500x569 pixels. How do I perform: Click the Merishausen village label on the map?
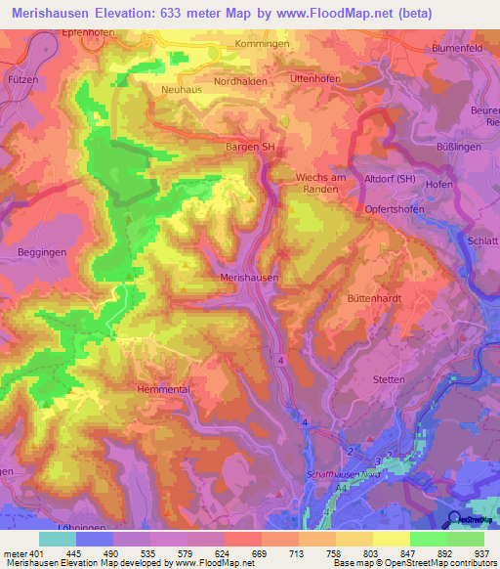point(250,278)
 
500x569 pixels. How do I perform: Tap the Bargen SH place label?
point(243,147)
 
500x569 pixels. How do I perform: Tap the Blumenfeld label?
point(461,47)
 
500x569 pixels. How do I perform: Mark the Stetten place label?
point(389,378)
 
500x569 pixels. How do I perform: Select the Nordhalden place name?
point(240,82)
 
